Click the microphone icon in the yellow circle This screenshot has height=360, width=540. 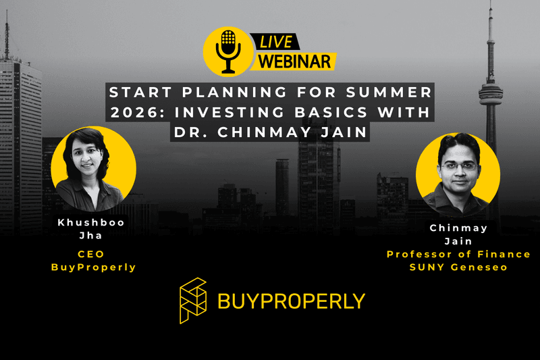point(228,49)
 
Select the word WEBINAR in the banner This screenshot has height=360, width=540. point(294,61)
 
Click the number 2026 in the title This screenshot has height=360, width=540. point(140,111)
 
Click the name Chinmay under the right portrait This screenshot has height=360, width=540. point(458,228)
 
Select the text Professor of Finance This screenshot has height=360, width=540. point(458,254)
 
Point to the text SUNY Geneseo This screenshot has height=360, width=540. point(458,267)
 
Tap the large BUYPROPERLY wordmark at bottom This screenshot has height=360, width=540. point(291,301)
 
